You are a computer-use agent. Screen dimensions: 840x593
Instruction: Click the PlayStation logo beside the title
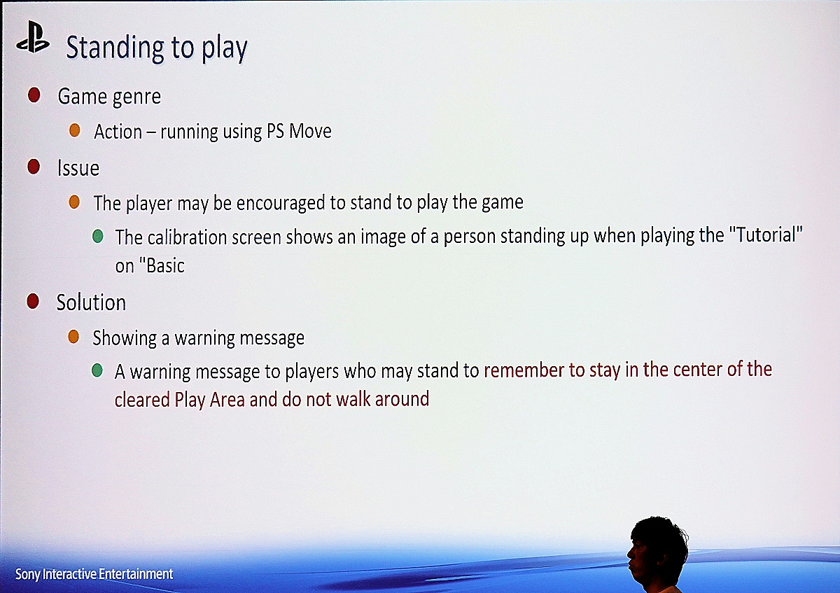tap(33, 37)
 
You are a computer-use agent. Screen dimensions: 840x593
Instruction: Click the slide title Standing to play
tap(157, 48)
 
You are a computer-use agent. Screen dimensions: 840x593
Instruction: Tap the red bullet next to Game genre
tap(34, 95)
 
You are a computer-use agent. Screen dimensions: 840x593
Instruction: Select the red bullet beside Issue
tap(34, 167)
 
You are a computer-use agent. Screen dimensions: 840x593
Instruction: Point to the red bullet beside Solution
tap(33, 301)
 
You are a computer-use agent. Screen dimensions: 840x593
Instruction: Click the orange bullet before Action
tap(75, 130)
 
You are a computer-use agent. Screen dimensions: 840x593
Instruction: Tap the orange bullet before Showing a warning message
tap(73, 337)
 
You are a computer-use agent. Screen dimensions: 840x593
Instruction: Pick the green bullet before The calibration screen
tap(97, 237)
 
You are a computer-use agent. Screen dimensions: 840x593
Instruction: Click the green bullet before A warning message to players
tap(97, 370)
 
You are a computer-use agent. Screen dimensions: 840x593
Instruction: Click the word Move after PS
tap(310, 132)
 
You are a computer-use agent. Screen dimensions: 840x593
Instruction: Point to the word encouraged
tap(281, 203)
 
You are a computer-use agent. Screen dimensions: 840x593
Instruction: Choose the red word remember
tap(524, 370)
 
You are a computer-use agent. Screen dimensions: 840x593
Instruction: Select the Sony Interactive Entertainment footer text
tap(94, 574)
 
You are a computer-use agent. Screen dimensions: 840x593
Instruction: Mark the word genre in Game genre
tap(136, 97)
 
